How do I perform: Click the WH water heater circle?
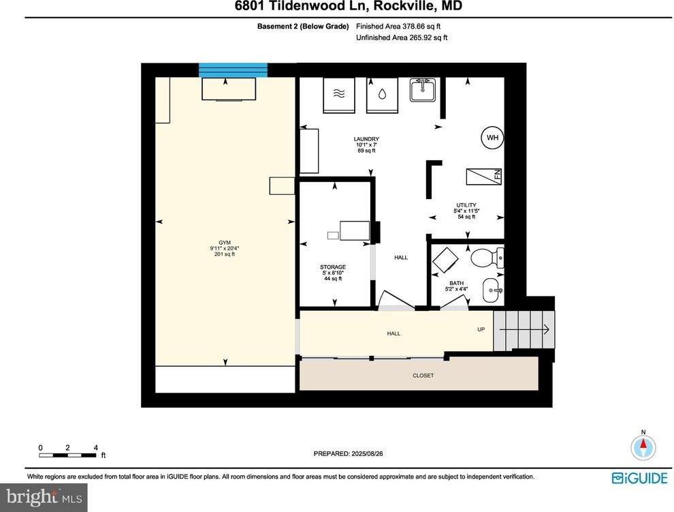point(492,138)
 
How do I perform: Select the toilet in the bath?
point(485,258)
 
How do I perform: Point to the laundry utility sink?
point(423,90)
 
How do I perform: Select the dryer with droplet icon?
point(383,94)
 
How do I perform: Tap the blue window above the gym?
point(233,70)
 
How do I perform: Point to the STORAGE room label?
point(333,267)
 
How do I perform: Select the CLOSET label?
point(423,376)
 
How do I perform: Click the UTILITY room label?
point(466,205)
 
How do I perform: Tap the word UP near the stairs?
point(481,330)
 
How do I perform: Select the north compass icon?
point(643,447)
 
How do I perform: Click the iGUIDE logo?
point(639,479)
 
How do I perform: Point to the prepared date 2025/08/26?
point(353,453)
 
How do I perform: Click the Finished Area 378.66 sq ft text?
point(402,27)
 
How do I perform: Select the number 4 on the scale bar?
point(95,448)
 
